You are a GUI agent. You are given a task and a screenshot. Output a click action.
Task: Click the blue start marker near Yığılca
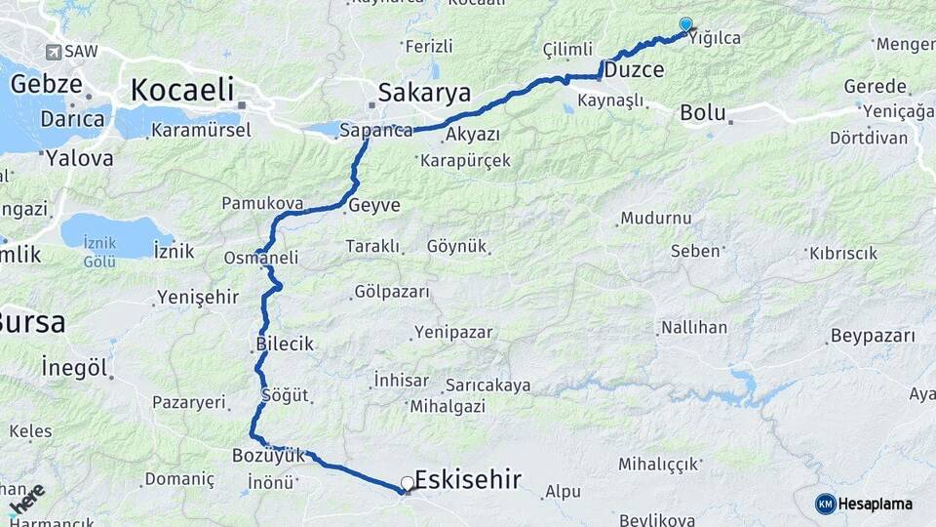685,25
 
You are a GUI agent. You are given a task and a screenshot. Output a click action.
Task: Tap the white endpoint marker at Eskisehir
408,483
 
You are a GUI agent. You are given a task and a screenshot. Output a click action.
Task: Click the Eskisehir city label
468,478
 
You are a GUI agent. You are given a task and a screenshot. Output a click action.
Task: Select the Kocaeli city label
182,91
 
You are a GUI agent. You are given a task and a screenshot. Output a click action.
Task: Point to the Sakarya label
424,93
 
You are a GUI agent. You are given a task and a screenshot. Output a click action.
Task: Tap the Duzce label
634,70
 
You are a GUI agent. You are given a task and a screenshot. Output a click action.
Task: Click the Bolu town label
703,112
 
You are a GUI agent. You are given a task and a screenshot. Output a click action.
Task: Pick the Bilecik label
285,344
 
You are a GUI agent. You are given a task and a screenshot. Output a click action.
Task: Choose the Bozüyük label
269,455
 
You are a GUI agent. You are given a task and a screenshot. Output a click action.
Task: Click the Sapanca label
376,130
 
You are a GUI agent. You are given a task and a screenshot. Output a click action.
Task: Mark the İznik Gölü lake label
99,254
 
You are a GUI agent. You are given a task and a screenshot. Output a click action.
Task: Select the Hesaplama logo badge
864,504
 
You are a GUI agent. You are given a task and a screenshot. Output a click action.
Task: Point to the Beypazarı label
873,337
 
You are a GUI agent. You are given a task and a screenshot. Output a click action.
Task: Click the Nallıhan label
693,327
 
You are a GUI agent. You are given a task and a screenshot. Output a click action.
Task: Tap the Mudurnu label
655,218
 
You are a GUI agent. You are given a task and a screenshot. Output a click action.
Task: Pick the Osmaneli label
261,258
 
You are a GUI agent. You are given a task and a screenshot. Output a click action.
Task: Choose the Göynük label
456,246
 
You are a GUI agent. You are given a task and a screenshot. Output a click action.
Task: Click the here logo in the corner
25,500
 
